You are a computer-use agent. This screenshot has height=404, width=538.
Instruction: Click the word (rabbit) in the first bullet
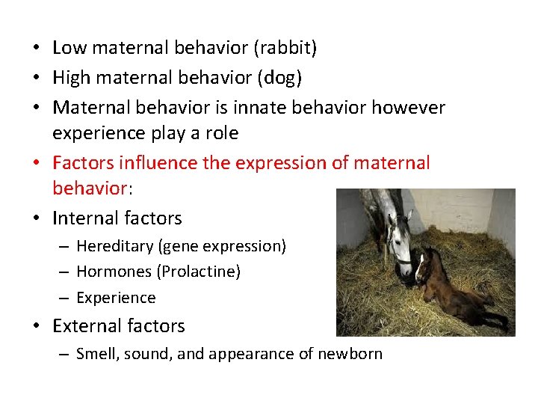[285, 49]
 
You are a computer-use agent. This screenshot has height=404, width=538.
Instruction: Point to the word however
[409, 107]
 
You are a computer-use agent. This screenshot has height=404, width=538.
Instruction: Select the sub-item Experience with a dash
[116, 298]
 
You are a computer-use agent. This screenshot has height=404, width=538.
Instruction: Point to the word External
[84, 325]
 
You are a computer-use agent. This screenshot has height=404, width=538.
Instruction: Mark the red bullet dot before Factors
[37, 163]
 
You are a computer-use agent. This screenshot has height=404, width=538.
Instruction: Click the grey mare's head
[401, 239]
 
